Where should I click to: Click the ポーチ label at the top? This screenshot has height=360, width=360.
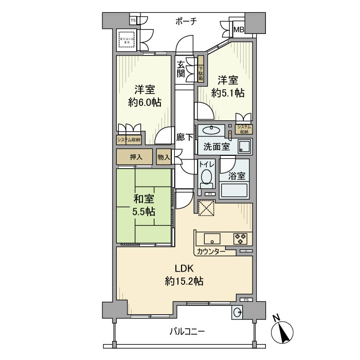coord(186,21)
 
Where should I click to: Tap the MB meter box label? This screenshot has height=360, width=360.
coord(239,30)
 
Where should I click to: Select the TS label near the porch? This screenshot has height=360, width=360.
coord(133,21)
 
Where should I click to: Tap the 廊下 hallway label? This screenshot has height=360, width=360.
coord(185,137)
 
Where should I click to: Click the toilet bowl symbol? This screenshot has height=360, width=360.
coord(206,178)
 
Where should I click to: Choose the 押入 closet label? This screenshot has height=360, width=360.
coord(135,157)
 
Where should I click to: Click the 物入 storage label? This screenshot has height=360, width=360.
coord(164,157)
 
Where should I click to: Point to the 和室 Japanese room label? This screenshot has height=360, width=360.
coord(143,199)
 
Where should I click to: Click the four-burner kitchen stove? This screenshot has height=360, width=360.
coord(240,239)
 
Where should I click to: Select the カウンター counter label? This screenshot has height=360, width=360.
coord(210,251)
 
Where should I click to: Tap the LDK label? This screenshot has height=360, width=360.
coord(184,268)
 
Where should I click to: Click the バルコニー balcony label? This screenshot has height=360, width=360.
coord(187,331)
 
